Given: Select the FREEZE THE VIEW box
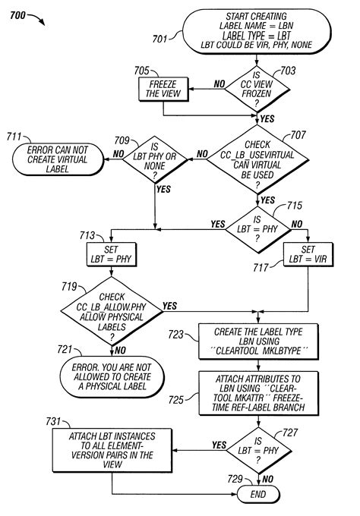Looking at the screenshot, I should (163, 90).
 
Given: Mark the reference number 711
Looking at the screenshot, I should (14, 137).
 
